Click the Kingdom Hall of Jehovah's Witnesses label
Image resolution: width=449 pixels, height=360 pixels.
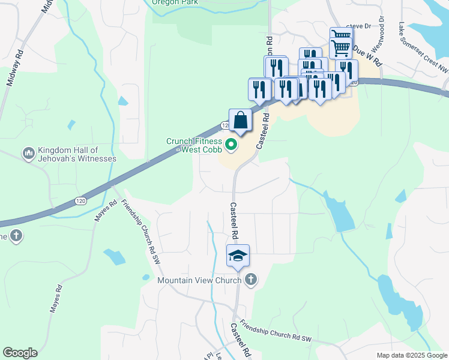coord(76,154)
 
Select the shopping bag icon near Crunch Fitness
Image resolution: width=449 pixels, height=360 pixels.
coord(240,120)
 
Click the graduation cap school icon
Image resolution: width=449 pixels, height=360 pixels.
coord(238,256)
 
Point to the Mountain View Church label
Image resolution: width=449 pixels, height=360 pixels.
coord(199,280)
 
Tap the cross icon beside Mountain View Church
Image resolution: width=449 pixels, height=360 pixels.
coord(251,280)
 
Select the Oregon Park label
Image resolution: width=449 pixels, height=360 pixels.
coord(175,2)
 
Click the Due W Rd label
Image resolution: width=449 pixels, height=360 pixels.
coord(367,54)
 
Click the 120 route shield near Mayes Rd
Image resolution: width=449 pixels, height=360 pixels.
coord(82,200)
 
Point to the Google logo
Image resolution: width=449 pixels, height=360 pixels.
coord(20,353)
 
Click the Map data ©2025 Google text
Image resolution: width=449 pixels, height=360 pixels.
coord(412,355)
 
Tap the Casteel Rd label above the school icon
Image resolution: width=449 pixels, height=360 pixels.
coord(234,219)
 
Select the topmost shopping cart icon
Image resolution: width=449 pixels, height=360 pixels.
coord(340,37)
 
